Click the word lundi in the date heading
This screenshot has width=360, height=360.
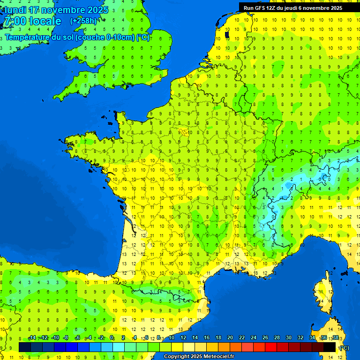coord(15,10)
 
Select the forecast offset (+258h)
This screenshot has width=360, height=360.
coord(83,21)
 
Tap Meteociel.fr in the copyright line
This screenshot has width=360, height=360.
coord(216,357)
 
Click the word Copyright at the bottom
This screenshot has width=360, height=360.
coord(176,357)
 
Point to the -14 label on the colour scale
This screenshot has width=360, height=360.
coord(32,338)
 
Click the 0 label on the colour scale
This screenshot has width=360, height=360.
coord(112,338)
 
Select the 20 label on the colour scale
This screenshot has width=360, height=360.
coord(230,338)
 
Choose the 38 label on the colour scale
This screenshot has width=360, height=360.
coord(335,338)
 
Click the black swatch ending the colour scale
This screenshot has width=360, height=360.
coord(330,347)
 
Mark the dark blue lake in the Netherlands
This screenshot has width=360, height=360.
coord(227,34)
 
